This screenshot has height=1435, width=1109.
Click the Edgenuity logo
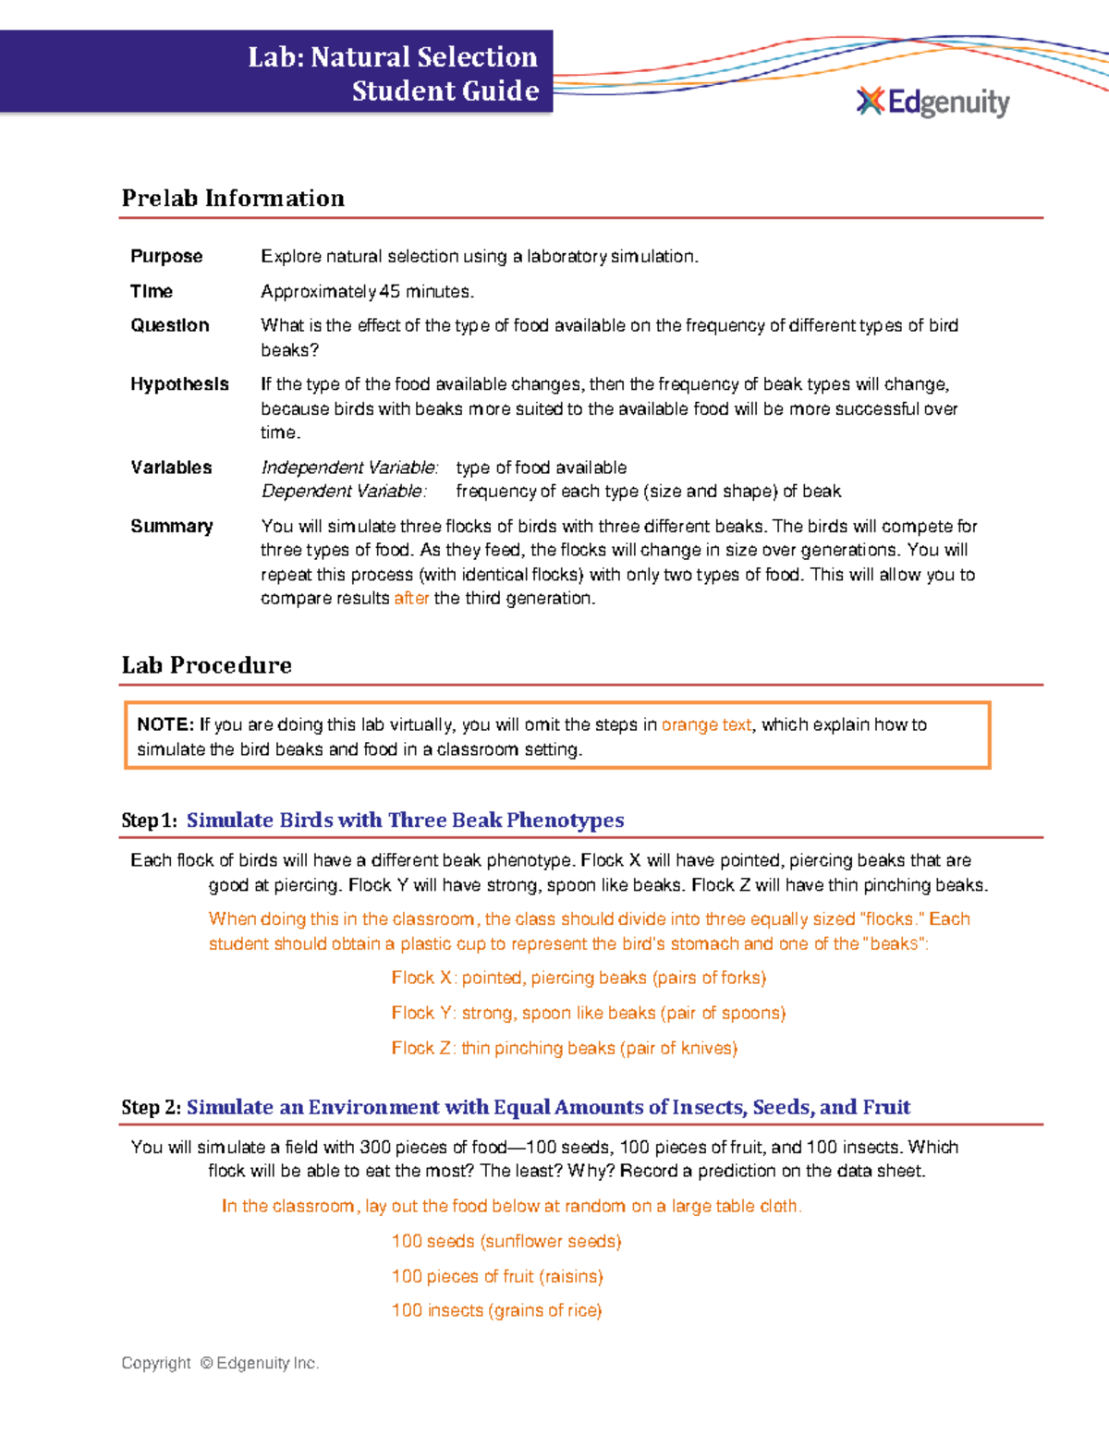(x=933, y=102)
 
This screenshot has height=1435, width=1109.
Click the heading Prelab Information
(x=233, y=198)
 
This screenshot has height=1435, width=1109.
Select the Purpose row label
(x=166, y=256)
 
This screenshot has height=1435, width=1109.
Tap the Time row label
(x=152, y=291)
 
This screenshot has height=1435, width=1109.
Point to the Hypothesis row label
(x=179, y=384)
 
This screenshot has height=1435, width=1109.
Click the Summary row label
(x=172, y=526)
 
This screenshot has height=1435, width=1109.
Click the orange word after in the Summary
(x=411, y=599)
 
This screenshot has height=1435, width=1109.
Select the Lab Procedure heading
(x=207, y=665)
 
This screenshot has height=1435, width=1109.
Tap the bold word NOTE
(x=165, y=725)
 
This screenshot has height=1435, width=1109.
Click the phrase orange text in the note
(x=706, y=725)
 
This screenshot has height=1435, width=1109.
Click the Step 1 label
(x=148, y=821)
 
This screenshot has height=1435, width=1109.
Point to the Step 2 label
(x=151, y=1107)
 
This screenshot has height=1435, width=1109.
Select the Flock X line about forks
(x=579, y=978)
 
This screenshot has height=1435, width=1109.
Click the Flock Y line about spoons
(x=588, y=1013)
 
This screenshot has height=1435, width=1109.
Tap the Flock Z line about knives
(x=564, y=1048)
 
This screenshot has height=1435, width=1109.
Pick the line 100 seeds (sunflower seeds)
(x=506, y=1241)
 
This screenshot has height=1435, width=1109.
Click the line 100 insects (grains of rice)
(x=496, y=1310)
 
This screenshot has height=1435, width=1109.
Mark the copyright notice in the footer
(x=220, y=1363)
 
